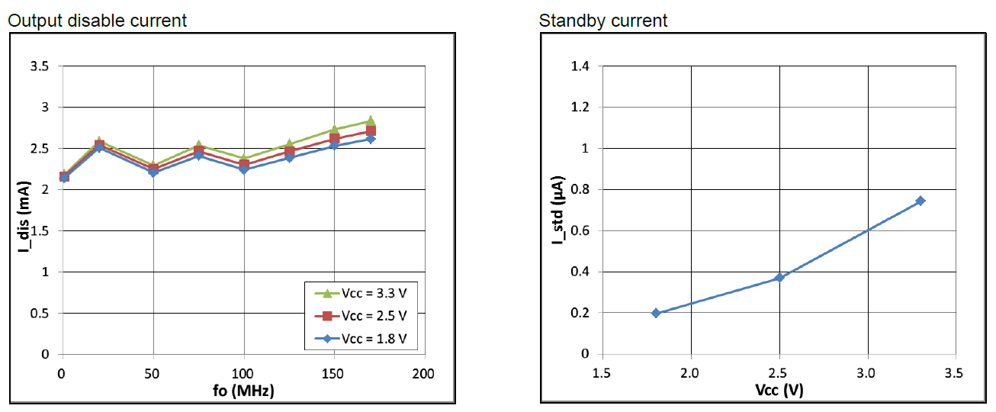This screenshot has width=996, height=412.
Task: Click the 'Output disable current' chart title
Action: click(x=97, y=21)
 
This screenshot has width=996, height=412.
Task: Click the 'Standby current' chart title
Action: click(x=602, y=21)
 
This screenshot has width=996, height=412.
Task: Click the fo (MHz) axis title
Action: click(x=243, y=391)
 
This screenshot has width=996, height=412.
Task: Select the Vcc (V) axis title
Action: click(x=779, y=390)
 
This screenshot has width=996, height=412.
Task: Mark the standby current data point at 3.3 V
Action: click(x=920, y=201)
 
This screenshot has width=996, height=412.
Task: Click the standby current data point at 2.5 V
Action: click(x=779, y=277)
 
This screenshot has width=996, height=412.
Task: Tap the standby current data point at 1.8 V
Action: click(x=656, y=313)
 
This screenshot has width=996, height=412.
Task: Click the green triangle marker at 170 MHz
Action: click(x=370, y=121)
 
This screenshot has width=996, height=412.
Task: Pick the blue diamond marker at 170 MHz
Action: click(x=370, y=139)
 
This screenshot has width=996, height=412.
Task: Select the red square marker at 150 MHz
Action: click(x=334, y=138)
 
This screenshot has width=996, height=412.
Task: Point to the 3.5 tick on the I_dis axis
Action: click(x=39, y=66)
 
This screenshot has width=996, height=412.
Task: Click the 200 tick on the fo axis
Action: click(x=424, y=374)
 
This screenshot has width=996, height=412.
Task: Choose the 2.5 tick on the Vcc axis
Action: click(x=779, y=373)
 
